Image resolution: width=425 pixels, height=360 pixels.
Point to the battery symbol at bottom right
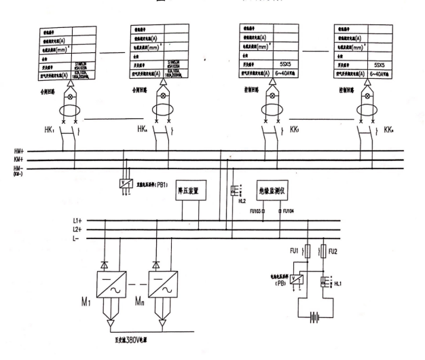pos(314,317)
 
